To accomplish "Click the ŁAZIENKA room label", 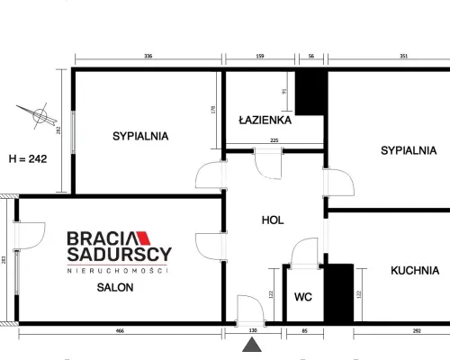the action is click(265, 120).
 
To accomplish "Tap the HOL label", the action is click(273, 220).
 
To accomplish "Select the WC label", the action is click(303, 297).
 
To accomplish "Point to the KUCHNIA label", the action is click(415, 271).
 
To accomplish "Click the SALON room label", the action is click(115, 287).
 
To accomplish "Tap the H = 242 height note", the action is click(28, 158).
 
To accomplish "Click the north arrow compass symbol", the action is click(38, 115).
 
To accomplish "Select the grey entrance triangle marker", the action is click(252, 345).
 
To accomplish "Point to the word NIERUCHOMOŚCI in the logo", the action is click(117, 271).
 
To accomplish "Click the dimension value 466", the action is click(120, 331).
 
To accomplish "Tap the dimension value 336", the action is click(148, 56).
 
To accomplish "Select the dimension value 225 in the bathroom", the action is click(274, 140).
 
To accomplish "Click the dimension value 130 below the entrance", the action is click(253, 330).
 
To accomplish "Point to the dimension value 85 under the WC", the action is click(305, 331).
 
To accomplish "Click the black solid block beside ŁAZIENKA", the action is click(310, 93).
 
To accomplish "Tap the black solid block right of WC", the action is click(338, 293).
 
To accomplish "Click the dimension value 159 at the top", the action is click(260, 56).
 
